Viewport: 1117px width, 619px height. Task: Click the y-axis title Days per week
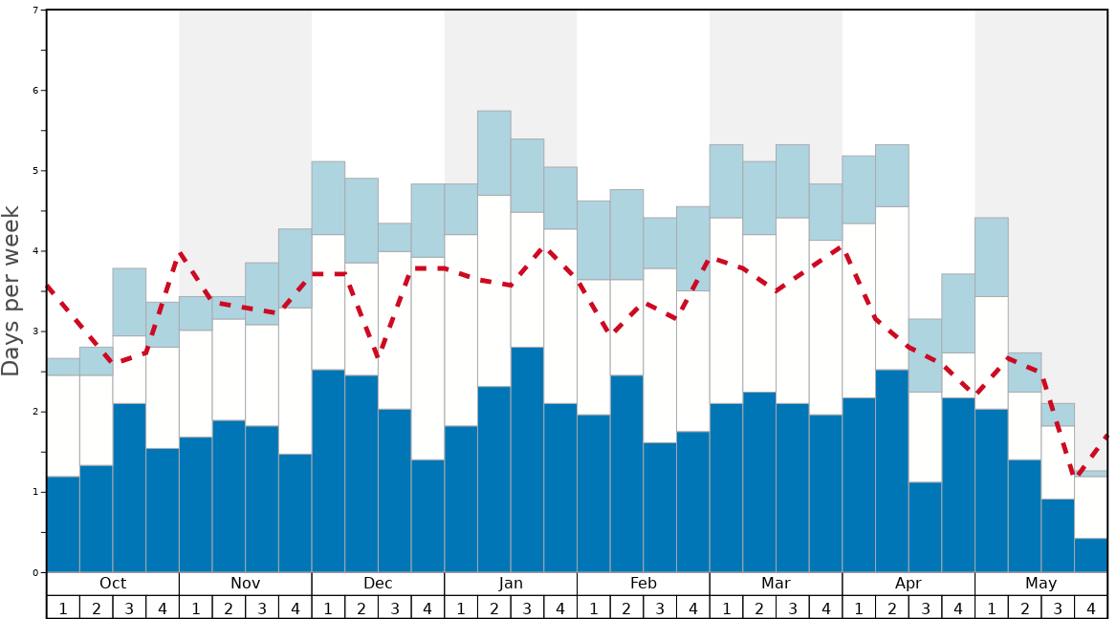coord(11,291)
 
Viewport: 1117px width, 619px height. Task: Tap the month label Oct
coord(113,584)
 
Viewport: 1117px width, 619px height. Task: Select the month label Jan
coord(511,584)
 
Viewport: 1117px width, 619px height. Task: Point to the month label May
coord(1041,584)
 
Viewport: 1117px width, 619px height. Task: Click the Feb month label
coord(644,584)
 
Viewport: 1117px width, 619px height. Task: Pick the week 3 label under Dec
coord(395,608)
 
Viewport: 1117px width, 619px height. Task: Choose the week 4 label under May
coord(1091,608)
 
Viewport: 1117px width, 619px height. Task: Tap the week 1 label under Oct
coord(63,608)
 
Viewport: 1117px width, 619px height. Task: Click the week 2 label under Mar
coord(759,608)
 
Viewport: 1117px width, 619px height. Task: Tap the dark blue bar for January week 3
coord(527,459)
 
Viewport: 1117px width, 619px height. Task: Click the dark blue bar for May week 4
coord(1091,555)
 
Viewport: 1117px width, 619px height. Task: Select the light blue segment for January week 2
coord(494,153)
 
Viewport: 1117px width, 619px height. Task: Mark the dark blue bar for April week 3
coord(925,527)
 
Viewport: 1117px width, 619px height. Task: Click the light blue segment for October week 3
coord(129,302)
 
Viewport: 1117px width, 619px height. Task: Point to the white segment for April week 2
coord(892,288)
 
